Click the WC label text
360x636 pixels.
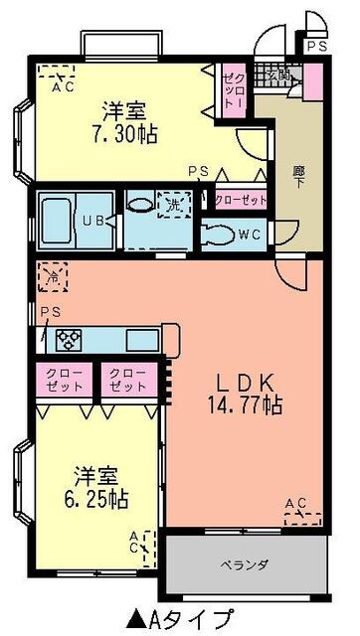(x=250, y=236)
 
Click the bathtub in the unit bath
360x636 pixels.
(x=59, y=212)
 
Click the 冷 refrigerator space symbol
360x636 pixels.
(x=50, y=274)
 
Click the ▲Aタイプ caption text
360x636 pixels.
(x=179, y=617)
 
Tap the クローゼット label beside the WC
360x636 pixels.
(x=241, y=198)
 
